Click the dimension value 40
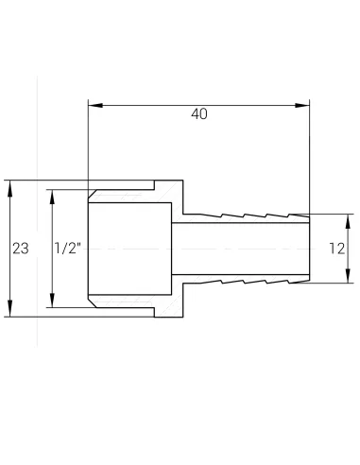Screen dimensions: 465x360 tap(198, 114)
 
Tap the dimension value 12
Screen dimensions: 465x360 tap(336, 249)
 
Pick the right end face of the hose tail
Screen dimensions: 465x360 tap(309, 249)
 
